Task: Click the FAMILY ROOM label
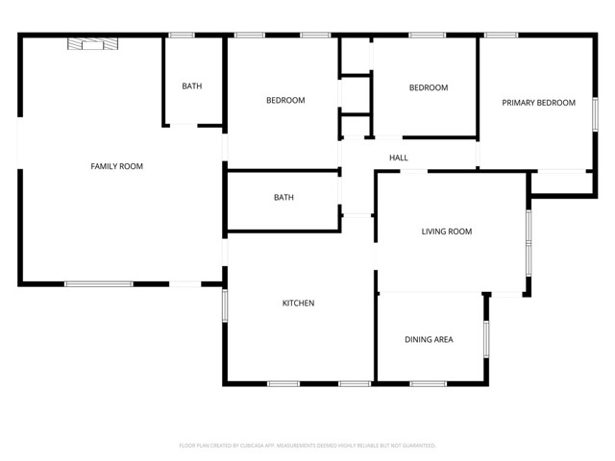pyautogui.click(x=116, y=166)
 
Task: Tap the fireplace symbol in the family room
pyautogui.click(x=89, y=42)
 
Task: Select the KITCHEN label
pyautogui.click(x=298, y=303)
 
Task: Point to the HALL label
pyautogui.click(x=398, y=158)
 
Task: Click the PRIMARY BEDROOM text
pyautogui.click(x=538, y=103)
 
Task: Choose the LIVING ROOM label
pyautogui.click(x=447, y=231)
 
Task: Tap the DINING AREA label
pyautogui.click(x=429, y=339)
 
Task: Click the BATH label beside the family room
pyautogui.click(x=192, y=86)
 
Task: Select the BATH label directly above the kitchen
pyautogui.click(x=283, y=198)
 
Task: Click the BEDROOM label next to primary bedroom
pyautogui.click(x=429, y=88)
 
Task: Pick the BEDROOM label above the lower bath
pyautogui.click(x=285, y=101)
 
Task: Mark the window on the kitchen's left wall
pyautogui.click(x=225, y=305)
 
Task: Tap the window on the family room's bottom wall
pyautogui.click(x=98, y=284)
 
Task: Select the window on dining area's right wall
pyautogui.click(x=486, y=341)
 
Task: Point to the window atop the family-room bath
pyautogui.click(x=182, y=36)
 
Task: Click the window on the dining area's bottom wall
pyautogui.click(x=428, y=384)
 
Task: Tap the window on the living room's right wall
pyautogui.click(x=528, y=240)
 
